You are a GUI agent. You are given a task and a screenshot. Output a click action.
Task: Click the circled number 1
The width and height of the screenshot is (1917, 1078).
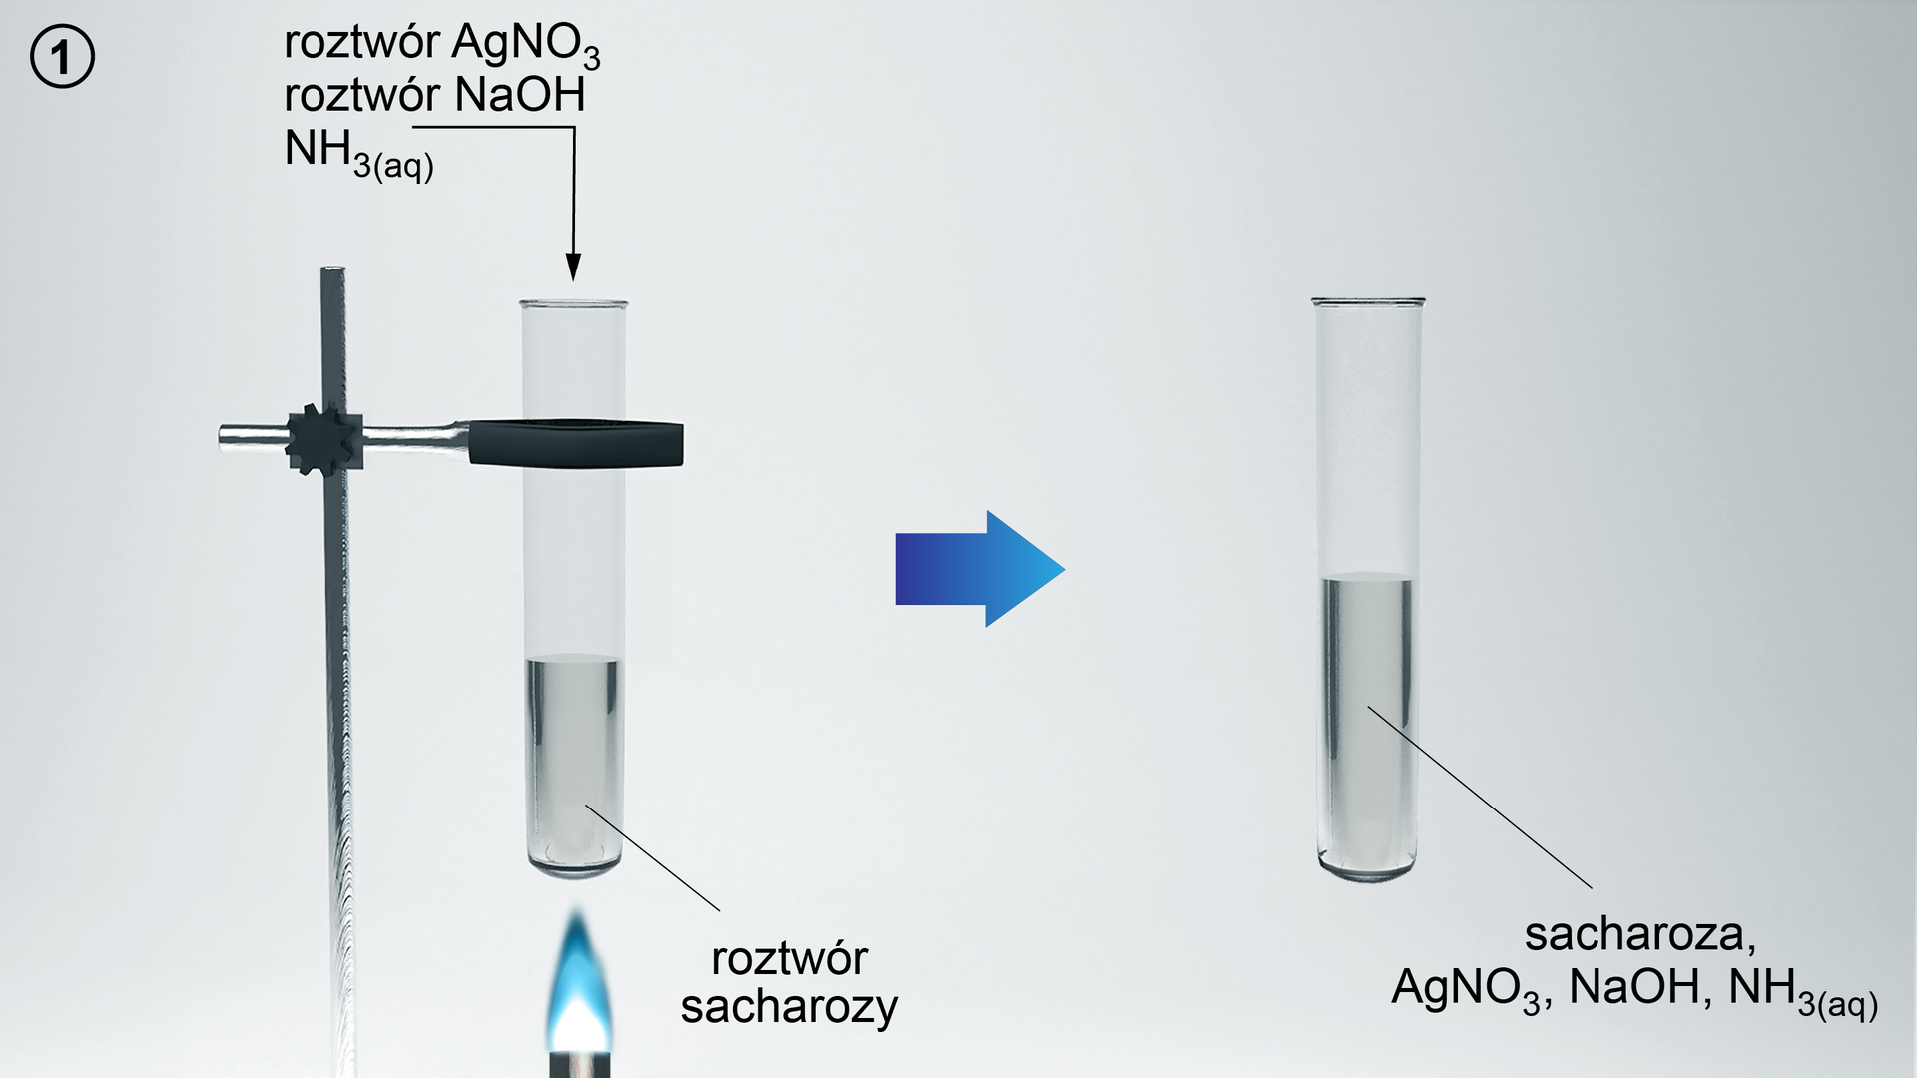click(62, 57)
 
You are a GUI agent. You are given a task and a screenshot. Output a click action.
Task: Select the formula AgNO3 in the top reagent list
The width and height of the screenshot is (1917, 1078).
click(526, 45)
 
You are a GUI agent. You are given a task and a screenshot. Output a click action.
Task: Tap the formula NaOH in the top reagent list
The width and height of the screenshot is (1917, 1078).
click(520, 96)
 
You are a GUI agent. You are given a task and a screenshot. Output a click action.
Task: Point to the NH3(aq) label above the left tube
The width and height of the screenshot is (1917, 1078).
click(358, 154)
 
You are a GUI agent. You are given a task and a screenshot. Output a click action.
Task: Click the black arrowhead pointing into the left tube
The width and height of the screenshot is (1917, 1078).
click(573, 268)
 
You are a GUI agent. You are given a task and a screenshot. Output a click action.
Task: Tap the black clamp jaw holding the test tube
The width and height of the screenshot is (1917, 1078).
click(575, 443)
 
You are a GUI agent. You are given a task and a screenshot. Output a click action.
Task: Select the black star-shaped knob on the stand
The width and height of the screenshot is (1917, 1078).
click(322, 438)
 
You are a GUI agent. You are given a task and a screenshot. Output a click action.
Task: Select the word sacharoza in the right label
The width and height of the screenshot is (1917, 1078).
click(1638, 935)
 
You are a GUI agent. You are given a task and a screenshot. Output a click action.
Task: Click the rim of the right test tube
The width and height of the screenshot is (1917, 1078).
click(1367, 300)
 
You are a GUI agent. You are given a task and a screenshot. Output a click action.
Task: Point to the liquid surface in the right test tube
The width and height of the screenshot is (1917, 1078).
click(1367, 578)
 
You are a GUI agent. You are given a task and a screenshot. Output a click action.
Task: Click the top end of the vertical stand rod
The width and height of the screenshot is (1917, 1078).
click(332, 270)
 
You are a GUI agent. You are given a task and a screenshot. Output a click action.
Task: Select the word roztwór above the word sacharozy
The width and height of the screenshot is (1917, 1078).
click(789, 959)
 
